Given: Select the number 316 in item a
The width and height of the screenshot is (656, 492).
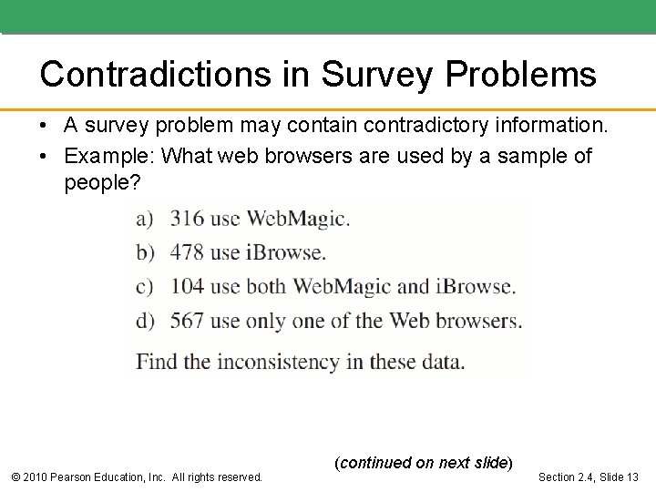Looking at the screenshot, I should point(187,219).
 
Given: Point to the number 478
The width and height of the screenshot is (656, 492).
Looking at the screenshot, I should point(187,252).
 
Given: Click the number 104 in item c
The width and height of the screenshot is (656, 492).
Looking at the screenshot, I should point(187,286).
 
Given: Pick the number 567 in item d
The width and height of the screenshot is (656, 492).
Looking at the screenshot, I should point(187,321).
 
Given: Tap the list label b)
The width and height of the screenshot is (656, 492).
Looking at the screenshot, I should point(146,252).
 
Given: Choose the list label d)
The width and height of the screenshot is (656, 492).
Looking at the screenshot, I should point(146,321).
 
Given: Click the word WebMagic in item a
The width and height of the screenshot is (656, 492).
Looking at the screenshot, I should point(298,219).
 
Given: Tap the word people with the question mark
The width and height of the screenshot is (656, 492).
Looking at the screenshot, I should point(102,183).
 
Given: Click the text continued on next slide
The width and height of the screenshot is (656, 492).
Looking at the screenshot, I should point(424,462).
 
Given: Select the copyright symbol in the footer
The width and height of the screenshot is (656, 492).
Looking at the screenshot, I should point(15,477).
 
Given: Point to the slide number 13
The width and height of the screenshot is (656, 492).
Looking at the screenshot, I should point(631,477).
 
